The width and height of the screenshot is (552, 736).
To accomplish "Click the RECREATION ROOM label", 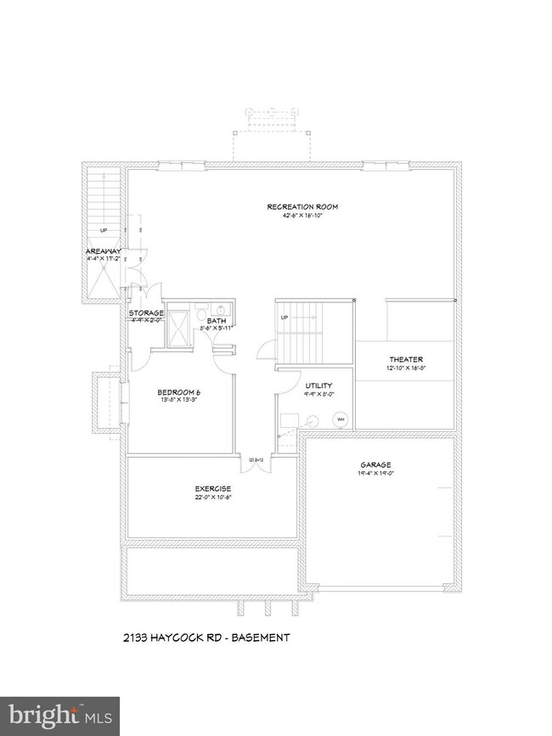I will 293,206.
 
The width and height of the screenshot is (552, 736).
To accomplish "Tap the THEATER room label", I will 406,359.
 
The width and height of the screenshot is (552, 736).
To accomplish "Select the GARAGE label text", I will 375,465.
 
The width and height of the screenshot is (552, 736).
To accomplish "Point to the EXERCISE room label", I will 213,489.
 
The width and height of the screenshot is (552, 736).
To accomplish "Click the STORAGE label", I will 146,313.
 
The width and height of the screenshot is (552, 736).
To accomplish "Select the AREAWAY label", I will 104,251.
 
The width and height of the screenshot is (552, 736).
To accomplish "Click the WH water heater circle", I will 341,419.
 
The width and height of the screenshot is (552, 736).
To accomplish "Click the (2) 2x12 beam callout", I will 254,460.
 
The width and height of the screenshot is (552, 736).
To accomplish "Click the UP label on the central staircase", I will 285,317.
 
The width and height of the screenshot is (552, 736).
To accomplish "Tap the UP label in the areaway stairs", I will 104,230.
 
